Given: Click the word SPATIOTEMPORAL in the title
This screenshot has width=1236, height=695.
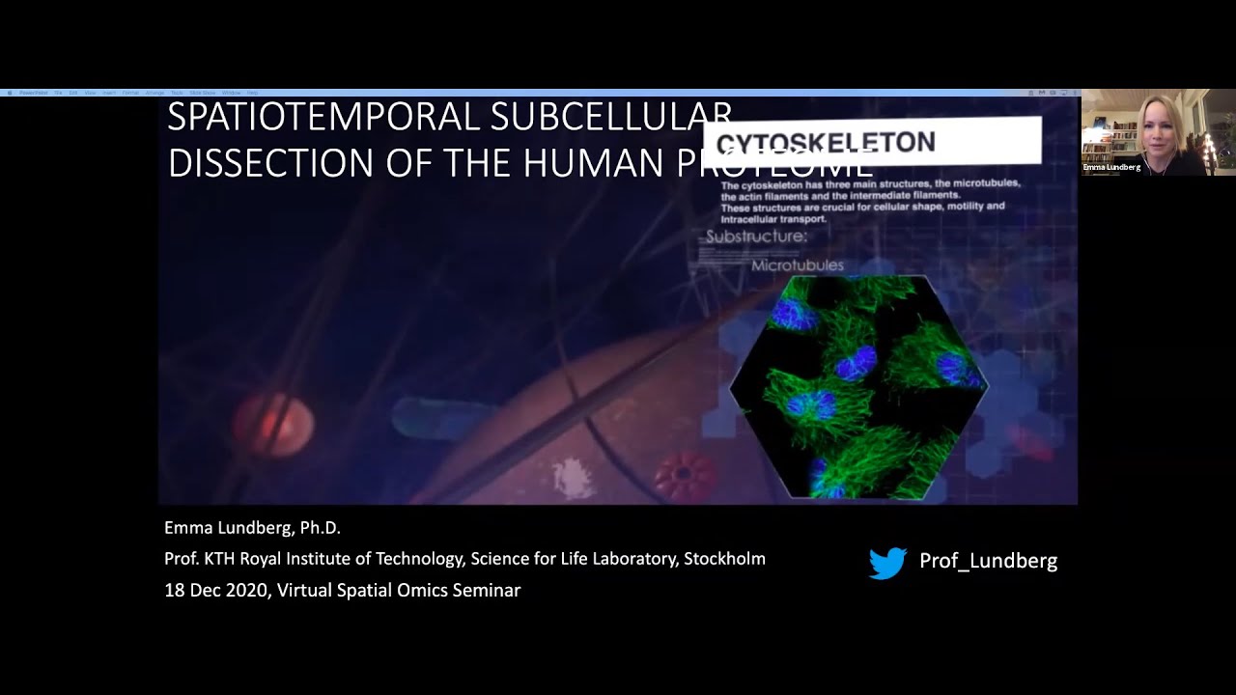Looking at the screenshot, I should tap(323, 117).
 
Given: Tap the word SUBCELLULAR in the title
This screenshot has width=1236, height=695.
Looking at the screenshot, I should tap(610, 117).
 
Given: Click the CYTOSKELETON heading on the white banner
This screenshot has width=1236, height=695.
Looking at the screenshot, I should tap(826, 143).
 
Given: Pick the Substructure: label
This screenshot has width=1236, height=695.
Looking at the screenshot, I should tap(756, 236).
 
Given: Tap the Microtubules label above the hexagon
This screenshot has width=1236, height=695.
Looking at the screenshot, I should tap(797, 265).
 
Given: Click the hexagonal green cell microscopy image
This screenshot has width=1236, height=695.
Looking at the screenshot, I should tap(857, 386).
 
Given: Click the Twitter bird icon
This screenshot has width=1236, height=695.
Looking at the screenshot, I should tap(887, 563).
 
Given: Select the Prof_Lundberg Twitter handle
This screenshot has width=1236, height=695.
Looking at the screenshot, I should tap(988, 561).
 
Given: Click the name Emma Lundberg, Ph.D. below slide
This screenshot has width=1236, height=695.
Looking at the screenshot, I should tap(252, 528).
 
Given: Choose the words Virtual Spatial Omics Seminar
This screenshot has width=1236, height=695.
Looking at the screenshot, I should tap(399, 591).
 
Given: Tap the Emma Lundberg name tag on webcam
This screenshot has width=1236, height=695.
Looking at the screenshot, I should tap(1111, 168).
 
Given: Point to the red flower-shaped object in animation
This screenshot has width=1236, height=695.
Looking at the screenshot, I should tap(686, 476).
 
